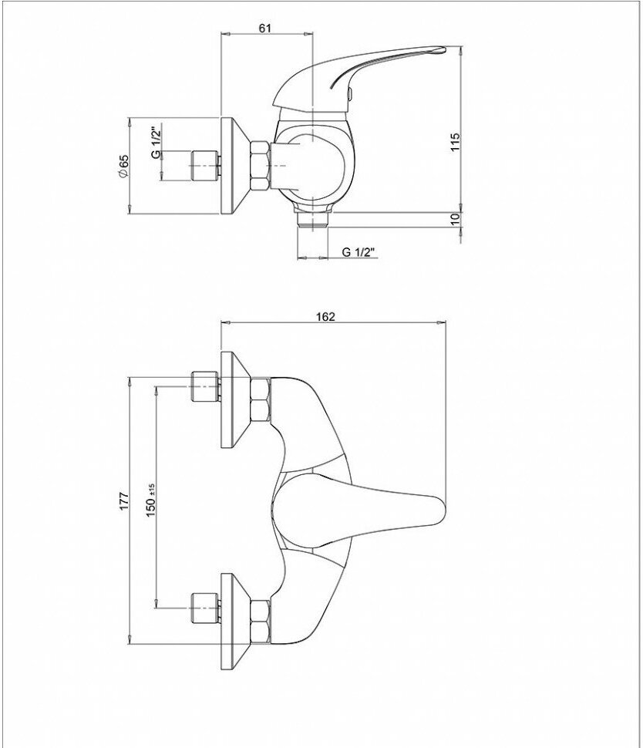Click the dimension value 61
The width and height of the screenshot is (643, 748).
(264, 29)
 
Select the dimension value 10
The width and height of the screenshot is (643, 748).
(455, 218)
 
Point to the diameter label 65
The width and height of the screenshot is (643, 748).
(124, 167)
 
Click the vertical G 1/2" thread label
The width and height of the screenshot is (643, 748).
(154, 142)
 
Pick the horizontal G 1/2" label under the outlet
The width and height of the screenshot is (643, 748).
(357, 252)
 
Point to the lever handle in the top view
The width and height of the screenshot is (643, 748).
(362, 505)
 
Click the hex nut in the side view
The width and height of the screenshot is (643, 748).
(261, 165)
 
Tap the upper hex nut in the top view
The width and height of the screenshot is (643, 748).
(261, 399)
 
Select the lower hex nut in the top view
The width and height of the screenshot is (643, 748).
(261, 622)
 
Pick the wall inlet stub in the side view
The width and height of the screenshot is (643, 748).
(204, 164)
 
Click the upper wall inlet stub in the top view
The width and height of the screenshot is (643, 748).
(204, 387)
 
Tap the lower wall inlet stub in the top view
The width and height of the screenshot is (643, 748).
(204, 608)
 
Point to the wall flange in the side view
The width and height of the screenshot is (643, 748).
(232, 165)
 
